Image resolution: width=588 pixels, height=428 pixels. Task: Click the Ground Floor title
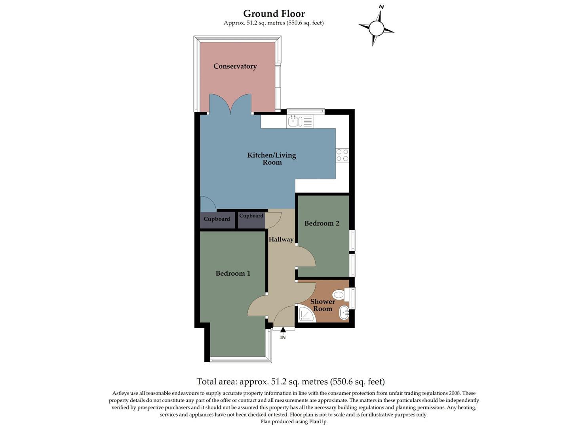coord(274,13)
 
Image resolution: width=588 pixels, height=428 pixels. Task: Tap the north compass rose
coord(376,27)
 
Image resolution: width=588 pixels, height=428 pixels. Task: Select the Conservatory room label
coord(235,66)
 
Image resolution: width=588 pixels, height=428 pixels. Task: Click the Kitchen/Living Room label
coord(272,159)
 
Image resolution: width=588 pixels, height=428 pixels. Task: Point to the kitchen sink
coord(293,121)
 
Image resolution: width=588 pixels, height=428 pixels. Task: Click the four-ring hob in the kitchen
coord(342,155)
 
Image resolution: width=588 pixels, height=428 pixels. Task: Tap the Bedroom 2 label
coord(322,223)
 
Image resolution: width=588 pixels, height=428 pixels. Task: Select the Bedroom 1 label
coord(233,273)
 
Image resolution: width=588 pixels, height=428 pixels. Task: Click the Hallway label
coord(281,239)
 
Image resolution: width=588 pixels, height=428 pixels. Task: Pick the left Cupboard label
coord(217,219)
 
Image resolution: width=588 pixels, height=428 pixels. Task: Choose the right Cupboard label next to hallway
coord(251,216)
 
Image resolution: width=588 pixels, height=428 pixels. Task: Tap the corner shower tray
coord(305,314)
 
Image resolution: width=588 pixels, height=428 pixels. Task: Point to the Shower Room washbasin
coord(344,313)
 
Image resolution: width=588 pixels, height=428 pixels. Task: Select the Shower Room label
coord(322,305)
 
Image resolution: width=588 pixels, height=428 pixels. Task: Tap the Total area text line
coord(290,382)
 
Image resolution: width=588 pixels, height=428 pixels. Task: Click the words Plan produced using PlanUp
coord(293,422)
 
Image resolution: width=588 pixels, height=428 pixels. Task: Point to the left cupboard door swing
coord(207,204)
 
